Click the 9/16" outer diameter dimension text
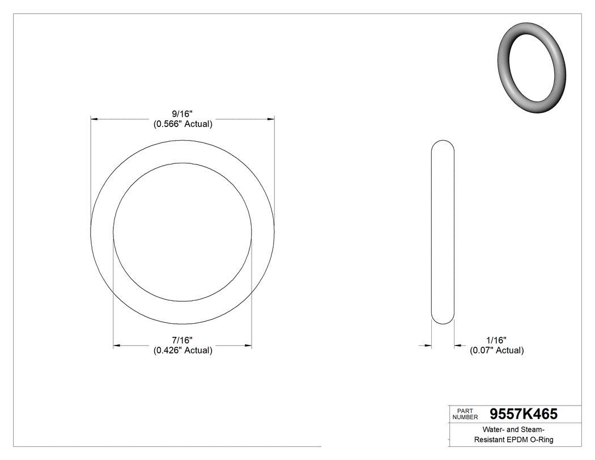click(182, 114)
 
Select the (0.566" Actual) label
click(182, 124)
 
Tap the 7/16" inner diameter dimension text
click(182, 340)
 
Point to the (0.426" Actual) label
click(182, 350)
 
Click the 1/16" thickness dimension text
click(496, 340)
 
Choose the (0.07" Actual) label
click(496, 350)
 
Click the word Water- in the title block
click(494, 429)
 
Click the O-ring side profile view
click(443, 232)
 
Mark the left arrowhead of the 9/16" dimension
click(95, 119)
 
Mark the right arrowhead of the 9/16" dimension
click(271, 119)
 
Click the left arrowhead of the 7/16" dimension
click(117, 345)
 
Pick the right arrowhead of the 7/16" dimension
click(248, 345)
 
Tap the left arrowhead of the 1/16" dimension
click(428, 345)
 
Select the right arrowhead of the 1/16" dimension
click(457, 345)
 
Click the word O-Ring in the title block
click(541, 440)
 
